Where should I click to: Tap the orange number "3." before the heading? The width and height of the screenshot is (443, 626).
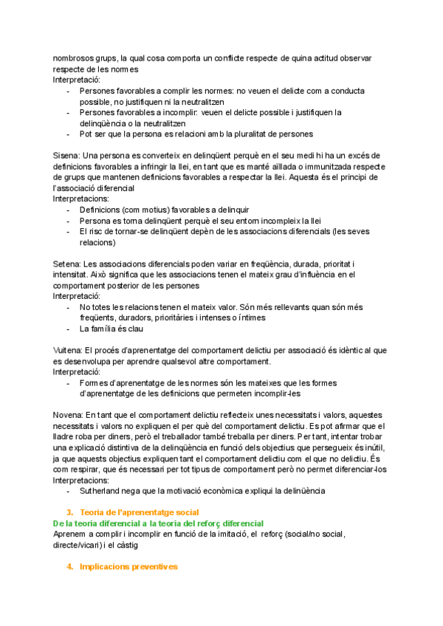[x=70, y=512]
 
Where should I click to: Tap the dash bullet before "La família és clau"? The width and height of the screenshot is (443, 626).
[x=69, y=329]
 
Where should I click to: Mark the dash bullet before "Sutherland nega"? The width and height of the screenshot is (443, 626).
[x=69, y=490]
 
